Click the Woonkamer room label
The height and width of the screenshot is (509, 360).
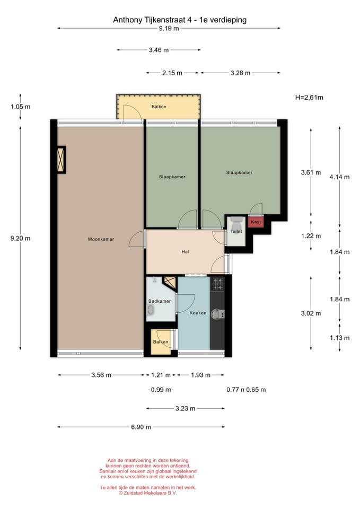pyautogui.click(x=101, y=239)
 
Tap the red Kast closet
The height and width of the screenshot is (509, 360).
pyautogui.click(x=256, y=222)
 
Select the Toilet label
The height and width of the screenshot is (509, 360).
pyautogui.click(x=236, y=232)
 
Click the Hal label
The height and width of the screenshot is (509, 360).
pyautogui.click(x=185, y=251)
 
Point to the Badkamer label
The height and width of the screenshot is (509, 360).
pyautogui.click(x=160, y=301)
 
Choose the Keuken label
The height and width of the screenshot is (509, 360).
pyautogui.click(x=198, y=313)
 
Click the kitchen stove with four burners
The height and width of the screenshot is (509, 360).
pyautogui.click(x=217, y=283)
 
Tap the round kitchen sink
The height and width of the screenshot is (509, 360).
pyautogui.click(x=216, y=314)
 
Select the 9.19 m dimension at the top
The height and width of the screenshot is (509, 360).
pyautogui.click(x=169, y=28)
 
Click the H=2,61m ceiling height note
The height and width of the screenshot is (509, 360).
pyautogui.click(x=309, y=98)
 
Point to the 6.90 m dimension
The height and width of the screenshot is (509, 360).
pyautogui.click(x=141, y=427)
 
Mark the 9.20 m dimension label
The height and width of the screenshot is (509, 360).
pyautogui.click(x=21, y=238)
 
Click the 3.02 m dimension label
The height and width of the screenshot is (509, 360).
pyautogui.click(x=311, y=313)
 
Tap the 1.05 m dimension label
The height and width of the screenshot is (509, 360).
pyautogui.click(x=21, y=107)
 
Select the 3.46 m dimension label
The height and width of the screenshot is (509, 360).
pyautogui.click(x=159, y=50)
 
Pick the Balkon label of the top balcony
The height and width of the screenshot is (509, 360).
pyautogui.click(x=159, y=107)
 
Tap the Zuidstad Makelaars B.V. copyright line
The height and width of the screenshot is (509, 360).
pyautogui.click(x=148, y=493)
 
